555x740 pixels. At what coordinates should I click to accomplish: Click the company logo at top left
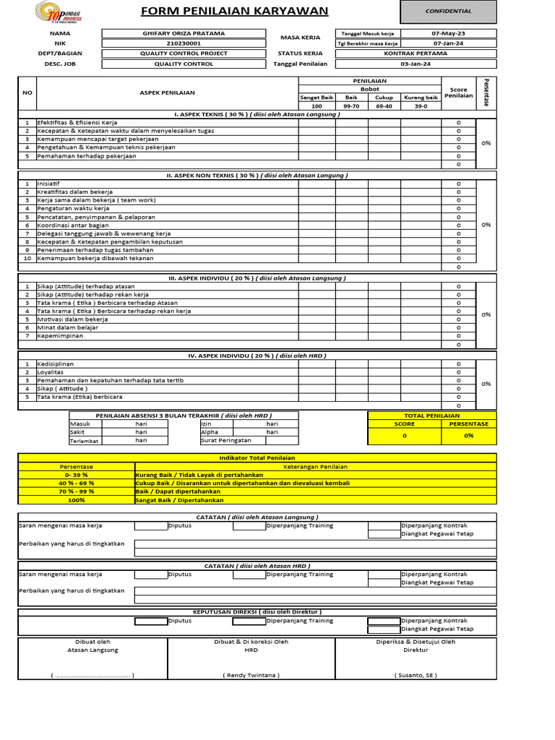59,12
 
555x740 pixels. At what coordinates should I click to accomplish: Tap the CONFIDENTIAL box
448,12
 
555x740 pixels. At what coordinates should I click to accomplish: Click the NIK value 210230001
185,43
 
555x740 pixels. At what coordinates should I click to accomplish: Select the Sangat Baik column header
316,97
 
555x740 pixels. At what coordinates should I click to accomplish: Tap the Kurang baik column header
421,97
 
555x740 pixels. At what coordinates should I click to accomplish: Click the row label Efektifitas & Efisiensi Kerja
77,122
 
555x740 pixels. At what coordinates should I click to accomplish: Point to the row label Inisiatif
50,184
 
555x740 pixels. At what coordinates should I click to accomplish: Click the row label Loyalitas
51,372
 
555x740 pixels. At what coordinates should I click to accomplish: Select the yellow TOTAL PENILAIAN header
432,416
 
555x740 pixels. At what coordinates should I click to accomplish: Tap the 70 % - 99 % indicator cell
76,491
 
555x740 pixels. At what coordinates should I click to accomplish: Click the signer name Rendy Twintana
251,675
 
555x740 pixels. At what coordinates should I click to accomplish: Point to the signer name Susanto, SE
416,675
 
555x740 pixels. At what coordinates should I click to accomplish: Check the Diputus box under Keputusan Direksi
150,620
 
